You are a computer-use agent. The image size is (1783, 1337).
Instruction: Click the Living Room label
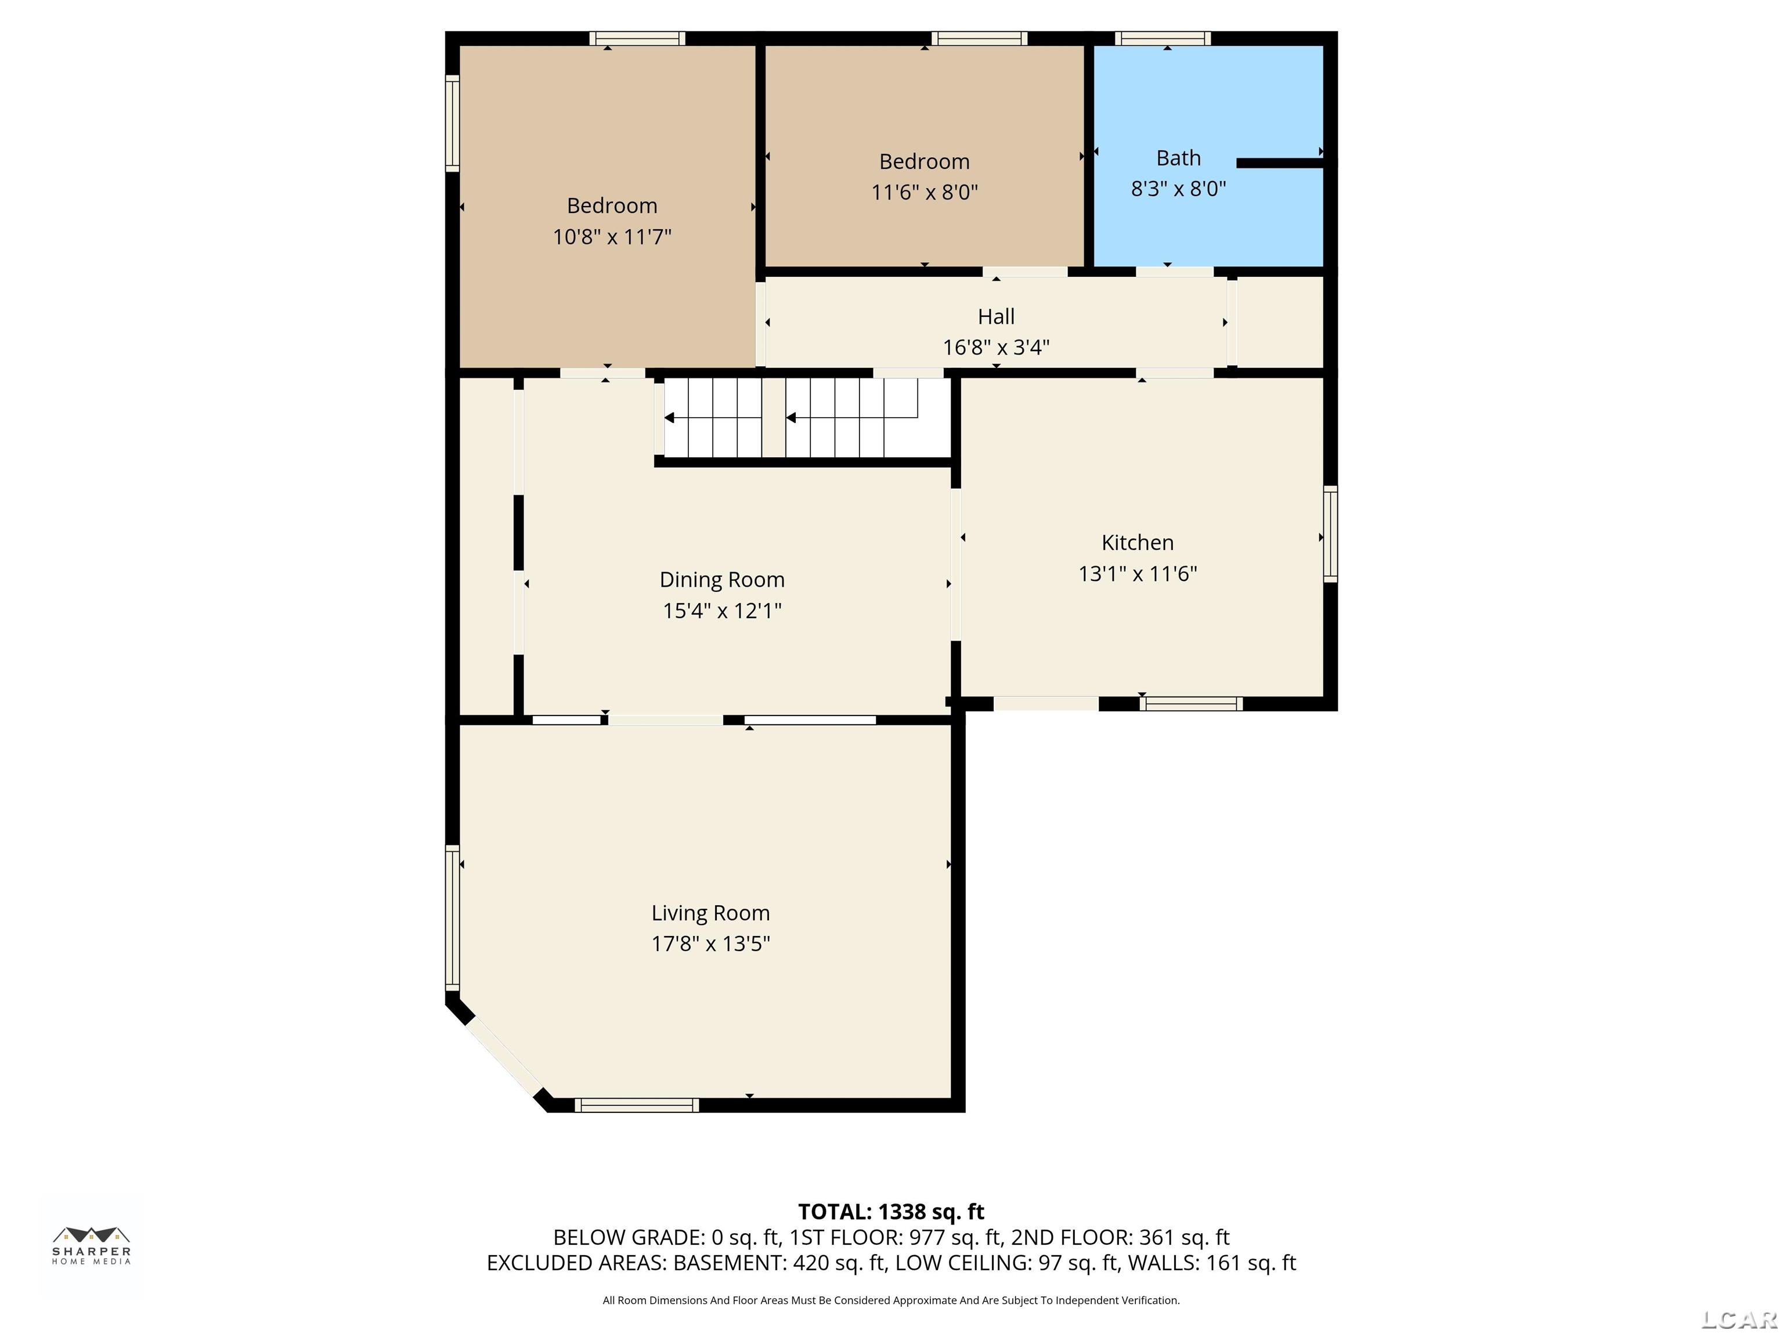pos(710,913)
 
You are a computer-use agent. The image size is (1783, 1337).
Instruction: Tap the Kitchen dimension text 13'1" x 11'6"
pos(1138,574)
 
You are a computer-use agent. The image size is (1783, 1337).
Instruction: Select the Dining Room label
pos(721,580)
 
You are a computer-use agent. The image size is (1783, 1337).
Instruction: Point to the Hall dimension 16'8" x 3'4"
pos(997,348)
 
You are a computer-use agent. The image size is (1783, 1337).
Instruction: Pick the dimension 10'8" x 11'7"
pos(612,237)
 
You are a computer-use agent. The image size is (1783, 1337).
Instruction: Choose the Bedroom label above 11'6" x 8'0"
pos(924,162)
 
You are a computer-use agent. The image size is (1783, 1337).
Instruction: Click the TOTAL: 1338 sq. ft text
pos(891,1212)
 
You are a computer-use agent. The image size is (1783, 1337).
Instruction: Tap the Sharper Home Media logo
pos(92,1246)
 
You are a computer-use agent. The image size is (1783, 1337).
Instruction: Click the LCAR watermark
pos(1739,1319)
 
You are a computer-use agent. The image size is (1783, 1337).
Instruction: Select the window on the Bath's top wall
pos(1163,38)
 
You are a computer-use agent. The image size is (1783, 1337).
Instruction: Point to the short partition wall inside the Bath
pos(1280,163)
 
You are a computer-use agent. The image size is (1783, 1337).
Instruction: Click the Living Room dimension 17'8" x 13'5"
pos(710,944)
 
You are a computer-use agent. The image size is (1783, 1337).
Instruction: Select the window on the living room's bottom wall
pos(636,1105)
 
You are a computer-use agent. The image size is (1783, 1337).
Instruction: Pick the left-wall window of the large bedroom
pos(452,123)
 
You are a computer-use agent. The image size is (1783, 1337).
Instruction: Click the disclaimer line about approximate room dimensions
pos(891,1300)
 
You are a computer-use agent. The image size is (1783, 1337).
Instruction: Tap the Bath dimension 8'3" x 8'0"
pos(1178,189)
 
